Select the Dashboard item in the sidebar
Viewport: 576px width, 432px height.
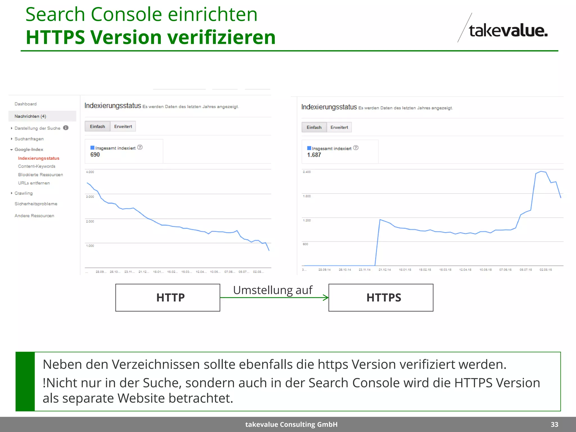[26, 104]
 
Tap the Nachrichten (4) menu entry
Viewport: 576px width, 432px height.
[30, 116]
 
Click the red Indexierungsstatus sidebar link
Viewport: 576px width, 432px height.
[39, 158]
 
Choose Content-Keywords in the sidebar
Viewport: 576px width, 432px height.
[37, 166]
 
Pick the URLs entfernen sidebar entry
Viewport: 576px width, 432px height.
[34, 183]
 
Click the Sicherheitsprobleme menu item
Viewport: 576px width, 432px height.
[36, 204]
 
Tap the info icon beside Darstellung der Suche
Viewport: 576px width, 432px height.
[66, 128]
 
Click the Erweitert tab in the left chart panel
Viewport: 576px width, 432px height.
[123, 127]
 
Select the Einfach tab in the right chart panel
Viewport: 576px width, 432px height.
[314, 127]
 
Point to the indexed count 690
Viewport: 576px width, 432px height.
[95, 155]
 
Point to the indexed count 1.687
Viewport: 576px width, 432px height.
[314, 155]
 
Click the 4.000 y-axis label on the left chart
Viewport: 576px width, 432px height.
[90, 172]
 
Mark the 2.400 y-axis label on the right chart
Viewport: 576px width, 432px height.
[307, 172]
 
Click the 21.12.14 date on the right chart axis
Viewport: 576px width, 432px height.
[384, 270]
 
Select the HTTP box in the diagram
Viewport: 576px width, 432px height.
[168, 298]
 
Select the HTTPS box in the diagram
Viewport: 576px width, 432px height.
[381, 298]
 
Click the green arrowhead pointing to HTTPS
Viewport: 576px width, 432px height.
[326, 298]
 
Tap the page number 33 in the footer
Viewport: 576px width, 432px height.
[554, 425]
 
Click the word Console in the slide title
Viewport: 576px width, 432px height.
[126, 15]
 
